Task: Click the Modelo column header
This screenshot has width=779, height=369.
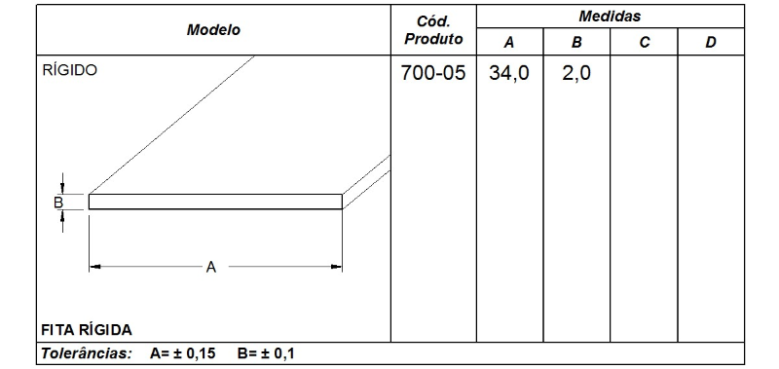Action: tap(213, 29)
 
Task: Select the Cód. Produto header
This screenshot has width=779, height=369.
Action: tap(432, 29)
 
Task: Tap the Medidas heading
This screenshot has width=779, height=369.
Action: tap(609, 17)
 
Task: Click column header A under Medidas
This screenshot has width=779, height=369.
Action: tap(508, 42)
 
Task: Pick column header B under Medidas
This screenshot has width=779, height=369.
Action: tap(575, 42)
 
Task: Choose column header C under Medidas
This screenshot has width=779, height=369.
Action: tap(643, 42)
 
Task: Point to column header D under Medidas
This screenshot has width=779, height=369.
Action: tap(710, 42)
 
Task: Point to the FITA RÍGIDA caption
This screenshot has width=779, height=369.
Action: tap(86, 328)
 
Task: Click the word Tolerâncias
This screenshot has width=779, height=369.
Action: tap(85, 352)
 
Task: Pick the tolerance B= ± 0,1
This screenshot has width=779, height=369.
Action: tap(266, 352)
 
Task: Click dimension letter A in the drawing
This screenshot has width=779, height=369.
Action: tap(210, 266)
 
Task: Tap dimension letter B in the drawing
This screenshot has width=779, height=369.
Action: tap(57, 202)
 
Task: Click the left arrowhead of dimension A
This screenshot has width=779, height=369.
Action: tap(93, 266)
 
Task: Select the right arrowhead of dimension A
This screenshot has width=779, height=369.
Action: tap(339, 266)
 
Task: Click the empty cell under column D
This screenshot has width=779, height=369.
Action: tap(710, 195)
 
